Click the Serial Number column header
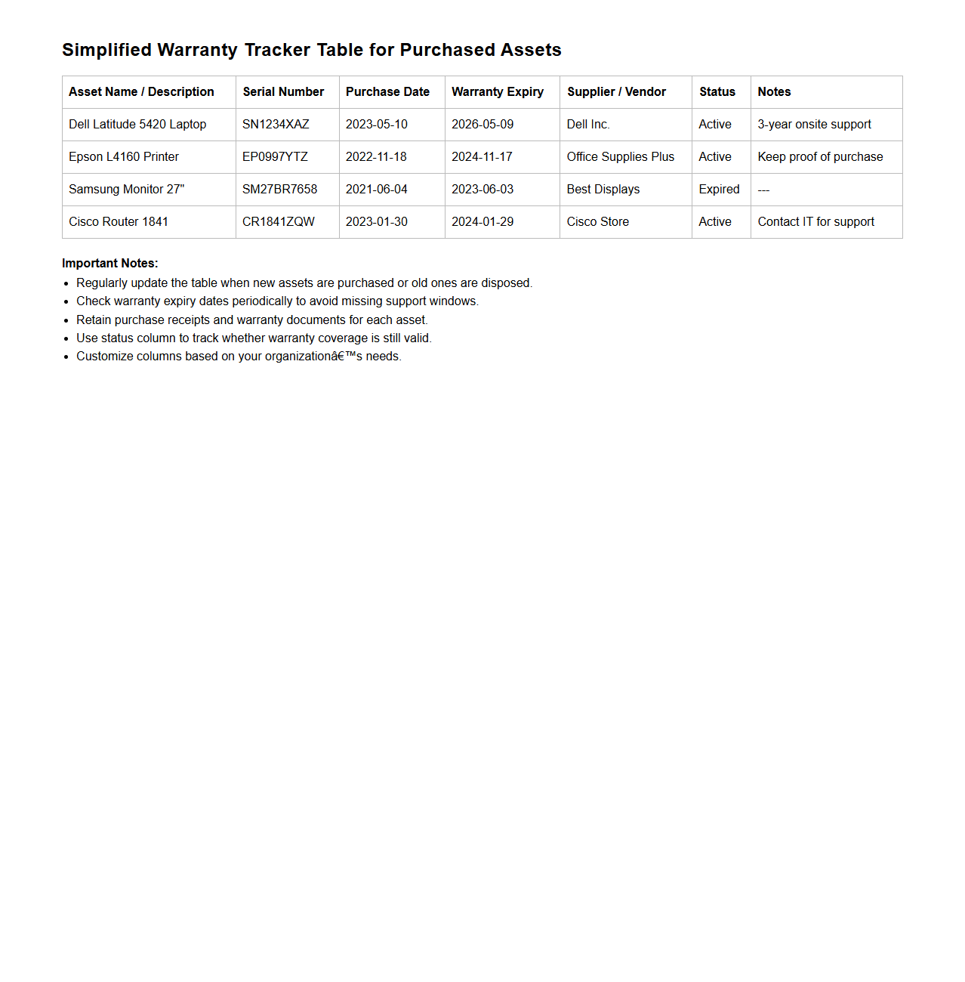point(283,92)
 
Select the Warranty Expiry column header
point(497,92)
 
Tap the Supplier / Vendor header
point(616,92)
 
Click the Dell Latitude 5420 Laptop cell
point(137,125)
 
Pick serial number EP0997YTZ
point(275,157)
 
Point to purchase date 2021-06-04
point(376,190)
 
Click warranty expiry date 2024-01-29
point(482,222)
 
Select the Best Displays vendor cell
point(603,190)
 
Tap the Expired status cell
point(719,190)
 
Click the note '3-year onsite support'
point(814,125)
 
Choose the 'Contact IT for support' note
point(815,222)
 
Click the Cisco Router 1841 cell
point(119,222)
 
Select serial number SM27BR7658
point(279,190)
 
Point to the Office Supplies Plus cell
point(620,157)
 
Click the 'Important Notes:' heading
point(110,264)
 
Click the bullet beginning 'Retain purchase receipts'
point(252,320)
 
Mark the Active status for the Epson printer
point(714,157)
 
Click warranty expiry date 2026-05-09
point(482,125)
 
